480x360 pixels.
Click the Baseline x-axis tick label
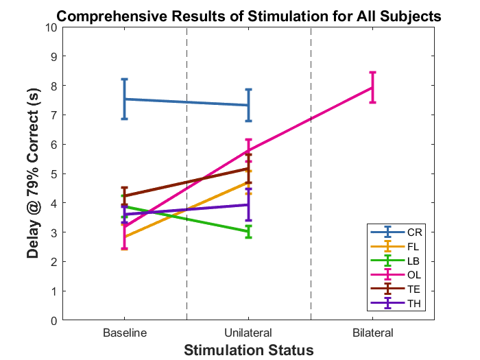pos(124,333)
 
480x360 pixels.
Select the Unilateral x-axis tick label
pos(248,333)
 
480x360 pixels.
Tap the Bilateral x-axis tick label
pos(372,333)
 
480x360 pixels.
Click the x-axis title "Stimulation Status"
pos(248,350)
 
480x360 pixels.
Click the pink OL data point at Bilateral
pos(372,88)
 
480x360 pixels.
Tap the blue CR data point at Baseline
pos(124,99)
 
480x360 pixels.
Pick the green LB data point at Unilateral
pos(248,232)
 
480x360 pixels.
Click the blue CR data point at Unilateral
pos(248,105)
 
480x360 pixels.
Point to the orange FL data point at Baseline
pos(124,237)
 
